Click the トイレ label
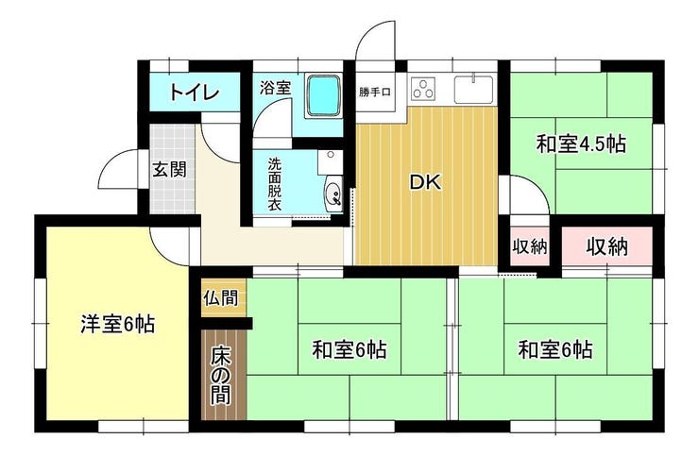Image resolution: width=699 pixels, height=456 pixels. coord(195,93)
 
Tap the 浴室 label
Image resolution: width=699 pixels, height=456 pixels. coord(276,87)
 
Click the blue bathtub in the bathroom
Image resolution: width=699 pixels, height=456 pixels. coord(323,96)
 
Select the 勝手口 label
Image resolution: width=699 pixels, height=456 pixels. coord(375,93)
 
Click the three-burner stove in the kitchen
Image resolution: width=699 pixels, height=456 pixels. coord(423,88)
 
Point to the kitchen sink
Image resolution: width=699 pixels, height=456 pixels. coord(473,89)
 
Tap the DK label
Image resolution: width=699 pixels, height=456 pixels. coord(425,182)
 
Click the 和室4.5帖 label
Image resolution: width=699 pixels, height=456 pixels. coord(581,144)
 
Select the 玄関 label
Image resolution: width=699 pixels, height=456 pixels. coord(169,170)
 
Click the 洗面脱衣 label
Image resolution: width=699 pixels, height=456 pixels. coord(275,184)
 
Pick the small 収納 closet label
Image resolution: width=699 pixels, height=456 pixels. coord(530,246)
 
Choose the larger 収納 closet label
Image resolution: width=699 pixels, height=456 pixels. coord(606,246)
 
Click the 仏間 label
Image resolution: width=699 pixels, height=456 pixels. coord(221,297)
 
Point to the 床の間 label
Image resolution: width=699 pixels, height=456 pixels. coord(221,376)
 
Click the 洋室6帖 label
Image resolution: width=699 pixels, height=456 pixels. coord(118,325)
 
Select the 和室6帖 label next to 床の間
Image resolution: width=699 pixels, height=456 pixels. coord(349,350)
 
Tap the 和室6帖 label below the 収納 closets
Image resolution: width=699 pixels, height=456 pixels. coord(555,350)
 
